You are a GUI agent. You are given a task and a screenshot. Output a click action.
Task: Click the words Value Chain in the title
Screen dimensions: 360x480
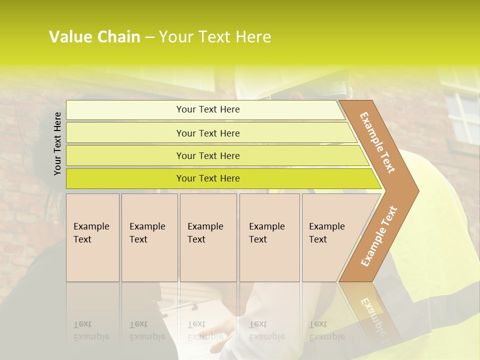(94, 37)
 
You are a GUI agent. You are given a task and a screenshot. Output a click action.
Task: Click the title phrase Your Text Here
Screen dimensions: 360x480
(215, 37)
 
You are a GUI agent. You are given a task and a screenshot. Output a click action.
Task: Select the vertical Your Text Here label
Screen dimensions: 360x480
(57, 143)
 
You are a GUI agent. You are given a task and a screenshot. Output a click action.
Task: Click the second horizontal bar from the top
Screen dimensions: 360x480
(207, 133)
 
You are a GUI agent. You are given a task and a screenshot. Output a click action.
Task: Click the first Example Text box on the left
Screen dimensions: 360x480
(92, 237)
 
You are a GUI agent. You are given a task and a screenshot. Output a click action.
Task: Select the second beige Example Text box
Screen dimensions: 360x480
(149, 237)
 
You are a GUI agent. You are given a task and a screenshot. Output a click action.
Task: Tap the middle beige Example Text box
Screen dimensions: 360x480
(208, 237)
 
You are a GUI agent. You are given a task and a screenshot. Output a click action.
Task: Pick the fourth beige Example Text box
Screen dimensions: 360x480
(269, 237)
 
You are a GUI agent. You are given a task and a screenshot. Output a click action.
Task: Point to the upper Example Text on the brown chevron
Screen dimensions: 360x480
(377, 143)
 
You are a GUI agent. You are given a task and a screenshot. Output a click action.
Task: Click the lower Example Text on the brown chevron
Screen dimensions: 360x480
(379, 236)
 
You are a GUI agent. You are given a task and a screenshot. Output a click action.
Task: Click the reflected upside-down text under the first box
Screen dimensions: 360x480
(91, 330)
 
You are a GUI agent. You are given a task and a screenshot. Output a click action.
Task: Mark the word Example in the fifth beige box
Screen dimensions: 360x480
(326, 226)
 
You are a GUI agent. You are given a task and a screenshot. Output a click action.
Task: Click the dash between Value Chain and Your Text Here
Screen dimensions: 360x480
(149, 37)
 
